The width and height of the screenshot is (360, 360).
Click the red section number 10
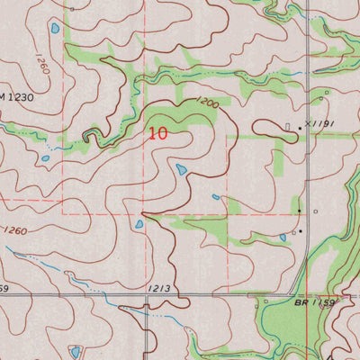click(x=157, y=132)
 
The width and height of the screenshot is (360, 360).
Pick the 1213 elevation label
click(x=159, y=288)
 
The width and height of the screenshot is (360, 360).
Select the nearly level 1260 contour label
click(x=13, y=231)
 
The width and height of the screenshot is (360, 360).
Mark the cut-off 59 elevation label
click(x=4, y=288)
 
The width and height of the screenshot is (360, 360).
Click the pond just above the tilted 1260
click(x=55, y=29)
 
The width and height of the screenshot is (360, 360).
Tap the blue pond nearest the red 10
click(x=181, y=168)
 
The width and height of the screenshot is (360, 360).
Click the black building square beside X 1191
click(x=301, y=129)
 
